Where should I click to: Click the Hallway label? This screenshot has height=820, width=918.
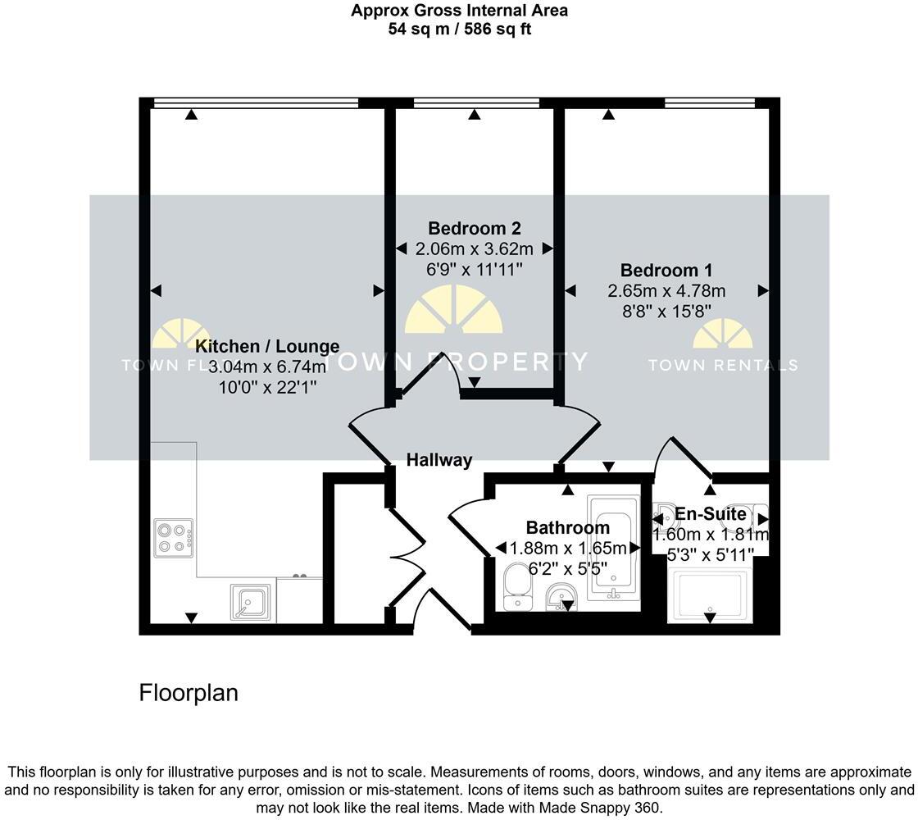(x=439, y=461)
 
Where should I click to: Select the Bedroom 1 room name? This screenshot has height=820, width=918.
(x=666, y=271)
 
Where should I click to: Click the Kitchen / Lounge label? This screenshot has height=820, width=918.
(x=267, y=347)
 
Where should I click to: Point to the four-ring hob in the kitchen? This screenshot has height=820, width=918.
(x=172, y=537)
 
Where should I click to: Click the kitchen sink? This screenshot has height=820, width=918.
(x=249, y=604)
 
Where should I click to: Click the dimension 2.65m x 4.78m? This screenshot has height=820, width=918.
(x=666, y=291)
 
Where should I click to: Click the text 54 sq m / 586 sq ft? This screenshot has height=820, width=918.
(x=459, y=30)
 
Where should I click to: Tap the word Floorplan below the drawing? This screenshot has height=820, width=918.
(x=189, y=693)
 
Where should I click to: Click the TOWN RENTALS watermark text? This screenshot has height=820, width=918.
(x=722, y=366)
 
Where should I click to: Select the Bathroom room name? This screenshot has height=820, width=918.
(x=567, y=528)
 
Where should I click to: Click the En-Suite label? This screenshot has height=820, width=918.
(x=710, y=515)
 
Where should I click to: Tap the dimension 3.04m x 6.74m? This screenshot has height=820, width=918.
(x=267, y=367)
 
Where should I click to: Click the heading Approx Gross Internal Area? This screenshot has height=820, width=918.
(x=459, y=11)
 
